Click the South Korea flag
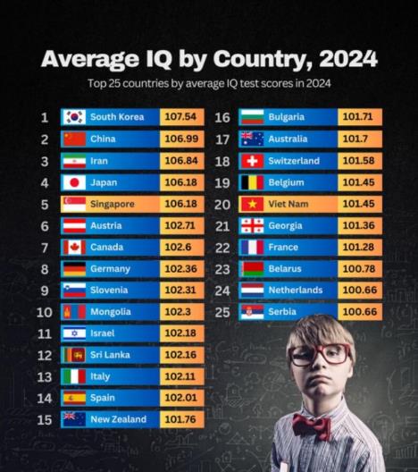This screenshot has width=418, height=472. click(73, 117)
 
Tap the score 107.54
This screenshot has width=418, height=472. click(181, 117)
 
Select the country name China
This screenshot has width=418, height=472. click(103, 139)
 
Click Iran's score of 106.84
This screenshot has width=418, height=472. click(181, 161)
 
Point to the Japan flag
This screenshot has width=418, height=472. click(73, 182)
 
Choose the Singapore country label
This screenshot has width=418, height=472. click(112, 204)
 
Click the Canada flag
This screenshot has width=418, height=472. click(73, 247)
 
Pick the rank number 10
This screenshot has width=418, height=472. click(45, 312)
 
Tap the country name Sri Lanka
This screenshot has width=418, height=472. click(110, 355)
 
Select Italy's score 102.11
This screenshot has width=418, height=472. click(181, 376)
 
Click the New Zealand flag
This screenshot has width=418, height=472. click(73, 419)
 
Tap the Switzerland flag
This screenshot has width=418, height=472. click(252, 161)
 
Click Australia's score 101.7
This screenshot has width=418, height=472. click(359, 139)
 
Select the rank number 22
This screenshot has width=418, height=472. click(222, 247)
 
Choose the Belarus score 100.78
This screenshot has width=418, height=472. click(359, 268)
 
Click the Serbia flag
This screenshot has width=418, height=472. click(252, 312)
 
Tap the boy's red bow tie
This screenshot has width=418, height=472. click(312, 425)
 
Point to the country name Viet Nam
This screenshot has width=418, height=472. click(287, 204)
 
